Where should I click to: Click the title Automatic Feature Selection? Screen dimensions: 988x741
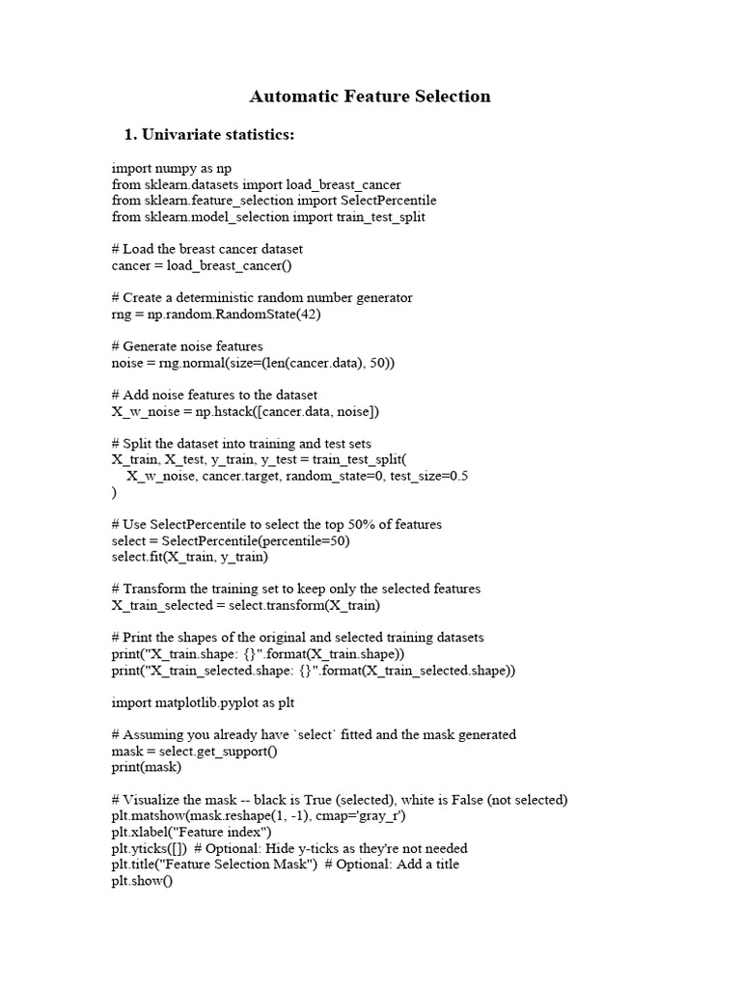[370, 96]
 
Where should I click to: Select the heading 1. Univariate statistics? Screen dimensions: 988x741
[208, 135]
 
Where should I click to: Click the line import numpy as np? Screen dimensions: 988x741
[172, 168]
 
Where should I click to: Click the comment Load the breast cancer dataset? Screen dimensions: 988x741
[213, 249]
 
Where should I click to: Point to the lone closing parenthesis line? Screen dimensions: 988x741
[115, 493]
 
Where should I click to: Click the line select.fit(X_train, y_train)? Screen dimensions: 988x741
[190, 558]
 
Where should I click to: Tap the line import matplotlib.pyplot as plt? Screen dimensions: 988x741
[203, 703]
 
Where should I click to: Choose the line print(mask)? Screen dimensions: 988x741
[145, 768]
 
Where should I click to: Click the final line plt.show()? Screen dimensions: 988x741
[142, 881]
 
